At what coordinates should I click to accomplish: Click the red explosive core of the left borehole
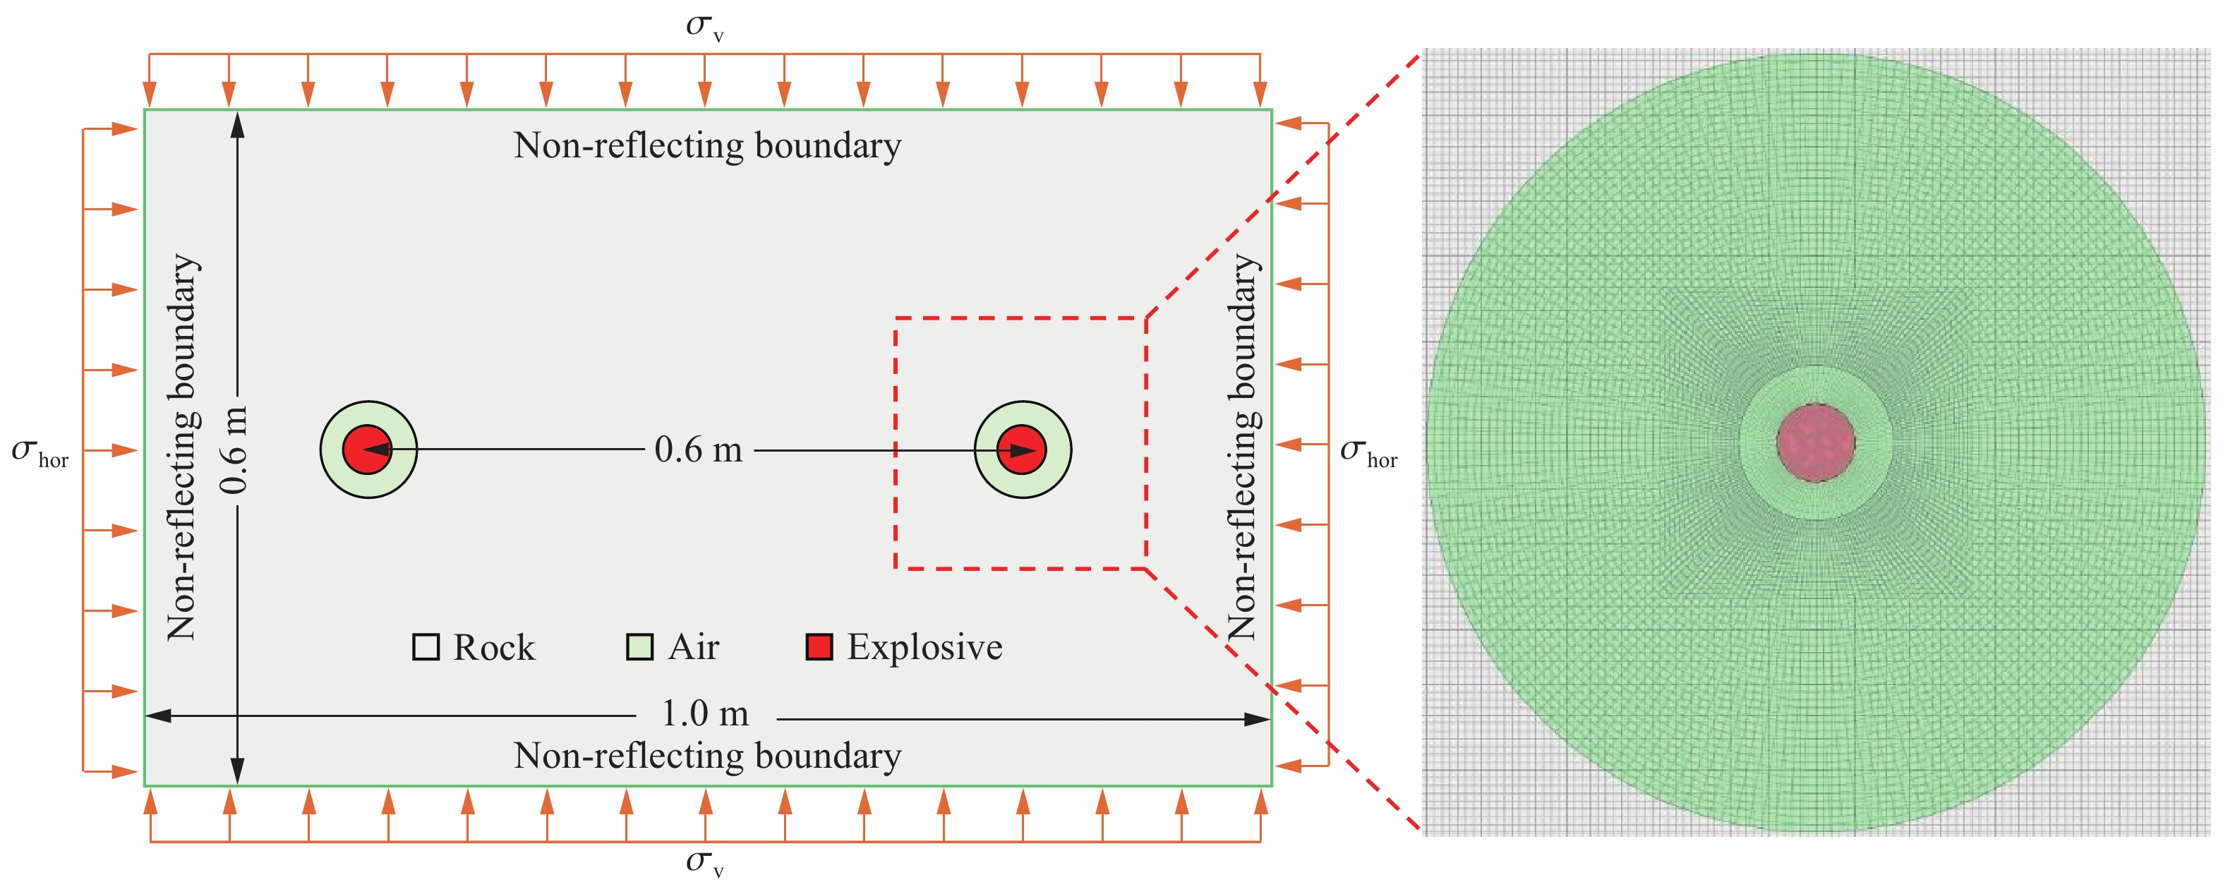(368, 449)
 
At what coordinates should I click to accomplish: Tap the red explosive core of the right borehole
(1022, 449)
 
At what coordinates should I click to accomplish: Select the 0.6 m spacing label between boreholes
(698, 449)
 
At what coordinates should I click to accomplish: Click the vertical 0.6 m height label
(233, 450)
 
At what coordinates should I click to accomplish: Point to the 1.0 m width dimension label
(705, 713)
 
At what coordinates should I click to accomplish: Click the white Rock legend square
(426, 647)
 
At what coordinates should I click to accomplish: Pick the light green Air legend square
(639, 647)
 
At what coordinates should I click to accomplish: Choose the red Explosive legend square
(819, 647)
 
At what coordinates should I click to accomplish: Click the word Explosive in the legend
(924, 647)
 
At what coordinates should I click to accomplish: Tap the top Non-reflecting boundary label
(708, 145)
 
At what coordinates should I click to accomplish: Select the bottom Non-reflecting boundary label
(708, 756)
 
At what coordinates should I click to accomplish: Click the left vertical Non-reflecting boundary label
(183, 447)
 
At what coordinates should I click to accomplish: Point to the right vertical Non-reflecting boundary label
(1243, 447)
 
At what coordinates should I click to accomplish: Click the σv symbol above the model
(705, 27)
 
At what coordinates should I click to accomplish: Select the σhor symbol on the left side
(40, 452)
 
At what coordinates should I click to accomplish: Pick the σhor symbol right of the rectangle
(1368, 452)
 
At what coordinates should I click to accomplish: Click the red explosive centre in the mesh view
(1816, 442)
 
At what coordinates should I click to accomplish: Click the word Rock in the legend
(493, 648)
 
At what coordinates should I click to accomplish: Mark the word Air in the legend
(694, 647)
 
